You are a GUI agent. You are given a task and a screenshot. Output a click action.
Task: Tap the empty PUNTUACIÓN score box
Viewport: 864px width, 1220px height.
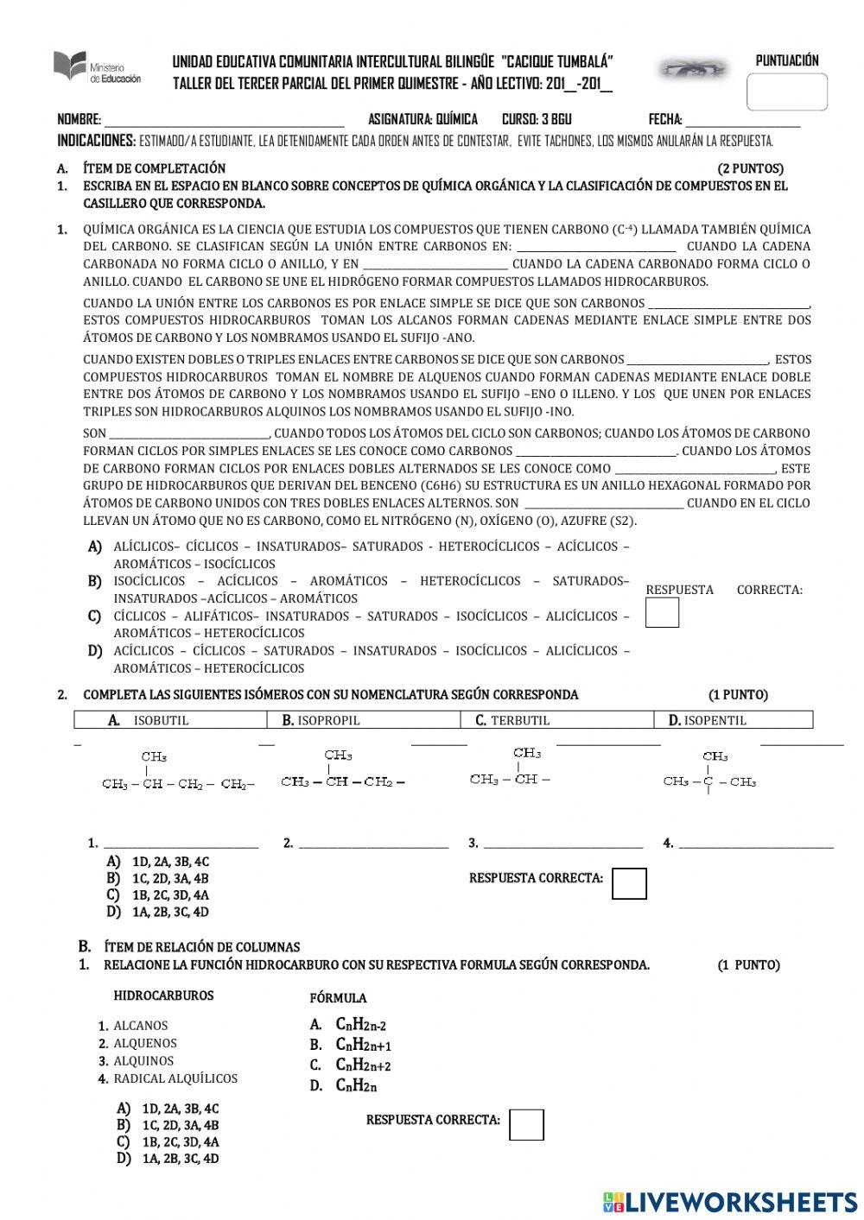(x=786, y=92)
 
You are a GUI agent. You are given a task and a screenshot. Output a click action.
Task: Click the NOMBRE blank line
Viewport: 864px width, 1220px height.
(x=224, y=122)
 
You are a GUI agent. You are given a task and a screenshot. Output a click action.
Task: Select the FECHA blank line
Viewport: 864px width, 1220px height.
(x=742, y=122)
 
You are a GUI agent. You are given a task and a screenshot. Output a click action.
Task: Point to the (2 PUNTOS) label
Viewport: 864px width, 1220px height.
(x=750, y=168)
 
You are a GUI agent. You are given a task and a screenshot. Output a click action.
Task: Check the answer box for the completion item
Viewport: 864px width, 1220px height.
(x=662, y=612)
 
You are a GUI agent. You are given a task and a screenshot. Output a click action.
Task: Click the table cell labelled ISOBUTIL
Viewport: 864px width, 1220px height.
(x=176, y=720)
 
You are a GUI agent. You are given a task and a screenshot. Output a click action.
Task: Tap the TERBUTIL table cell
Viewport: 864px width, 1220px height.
(x=557, y=720)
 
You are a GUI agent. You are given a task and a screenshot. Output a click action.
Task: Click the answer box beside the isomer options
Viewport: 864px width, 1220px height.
(x=628, y=883)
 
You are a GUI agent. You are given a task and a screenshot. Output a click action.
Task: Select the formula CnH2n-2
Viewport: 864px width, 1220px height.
(x=360, y=1025)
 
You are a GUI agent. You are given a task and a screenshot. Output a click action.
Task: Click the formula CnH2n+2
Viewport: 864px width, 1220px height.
(x=363, y=1065)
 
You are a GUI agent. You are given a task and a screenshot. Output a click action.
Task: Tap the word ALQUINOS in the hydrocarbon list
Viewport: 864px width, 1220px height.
(x=143, y=1061)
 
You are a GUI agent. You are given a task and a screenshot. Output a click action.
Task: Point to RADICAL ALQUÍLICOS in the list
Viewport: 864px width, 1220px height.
(x=175, y=1078)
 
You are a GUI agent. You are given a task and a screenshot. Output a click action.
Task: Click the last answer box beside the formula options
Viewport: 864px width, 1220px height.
(x=526, y=1124)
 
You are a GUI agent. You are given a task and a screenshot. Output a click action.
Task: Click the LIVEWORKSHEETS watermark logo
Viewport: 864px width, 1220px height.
(x=730, y=1201)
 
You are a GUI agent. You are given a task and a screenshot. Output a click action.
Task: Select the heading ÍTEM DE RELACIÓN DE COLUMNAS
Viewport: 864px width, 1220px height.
(x=201, y=947)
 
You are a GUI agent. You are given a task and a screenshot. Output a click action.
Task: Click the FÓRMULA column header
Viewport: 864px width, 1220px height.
(x=338, y=998)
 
